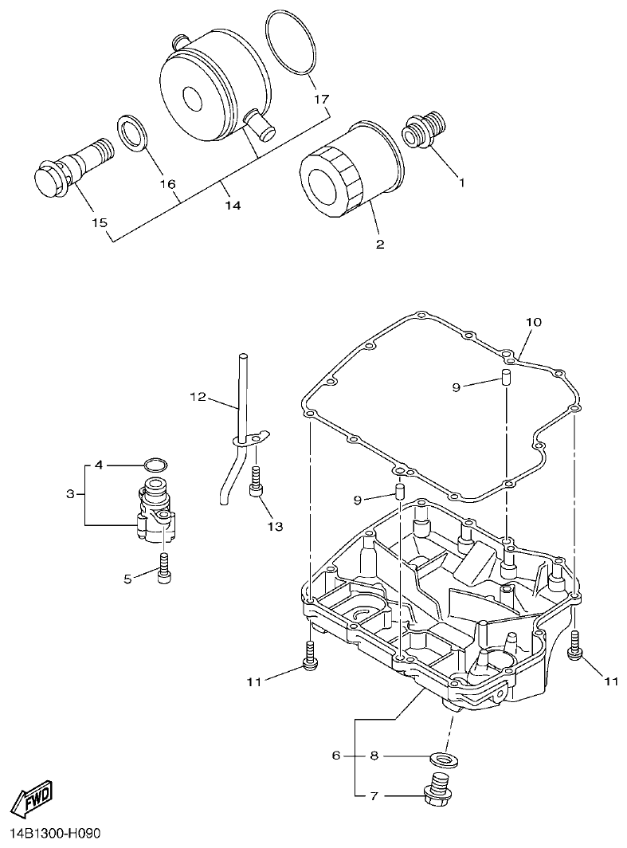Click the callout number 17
click(320, 100)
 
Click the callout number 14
click(232, 205)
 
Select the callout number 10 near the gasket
click(533, 323)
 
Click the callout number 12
click(198, 396)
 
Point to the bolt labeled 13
click(257, 482)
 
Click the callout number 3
click(70, 494)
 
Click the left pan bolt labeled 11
click(311, 656)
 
